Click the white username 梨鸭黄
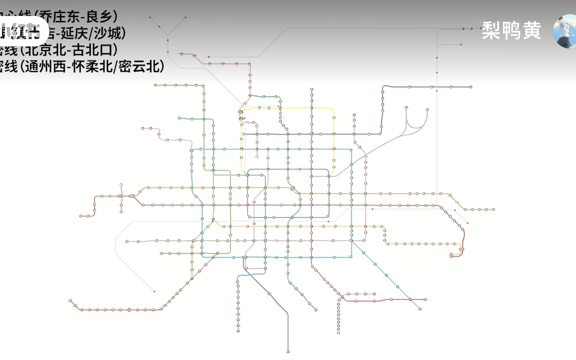[511, 31]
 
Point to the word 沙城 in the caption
[109, 33]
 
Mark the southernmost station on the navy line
[288, 351]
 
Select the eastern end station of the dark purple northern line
[470, 87]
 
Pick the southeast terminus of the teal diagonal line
[420, 309]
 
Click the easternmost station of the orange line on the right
[493, 209]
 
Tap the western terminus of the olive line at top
[155, 85]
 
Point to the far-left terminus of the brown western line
[80, 216]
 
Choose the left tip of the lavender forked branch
[406, 107]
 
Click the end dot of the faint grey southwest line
[154, 291]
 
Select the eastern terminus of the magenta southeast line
[425, 299]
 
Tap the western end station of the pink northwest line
[143, 128]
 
